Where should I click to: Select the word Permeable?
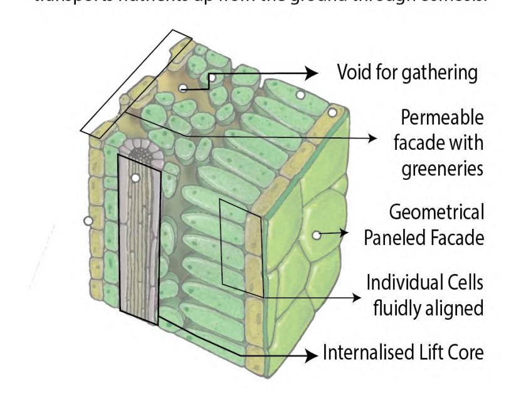click(443, 118)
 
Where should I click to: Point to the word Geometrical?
click(436, 213)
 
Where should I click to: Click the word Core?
click(466, 352)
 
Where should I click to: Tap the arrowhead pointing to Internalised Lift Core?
click(311, 356)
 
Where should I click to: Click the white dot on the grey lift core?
click(135, 178)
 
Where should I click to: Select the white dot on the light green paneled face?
click(317, 235)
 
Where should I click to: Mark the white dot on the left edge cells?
click(88, 221)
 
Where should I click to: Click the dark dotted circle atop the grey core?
click(140, 151)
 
